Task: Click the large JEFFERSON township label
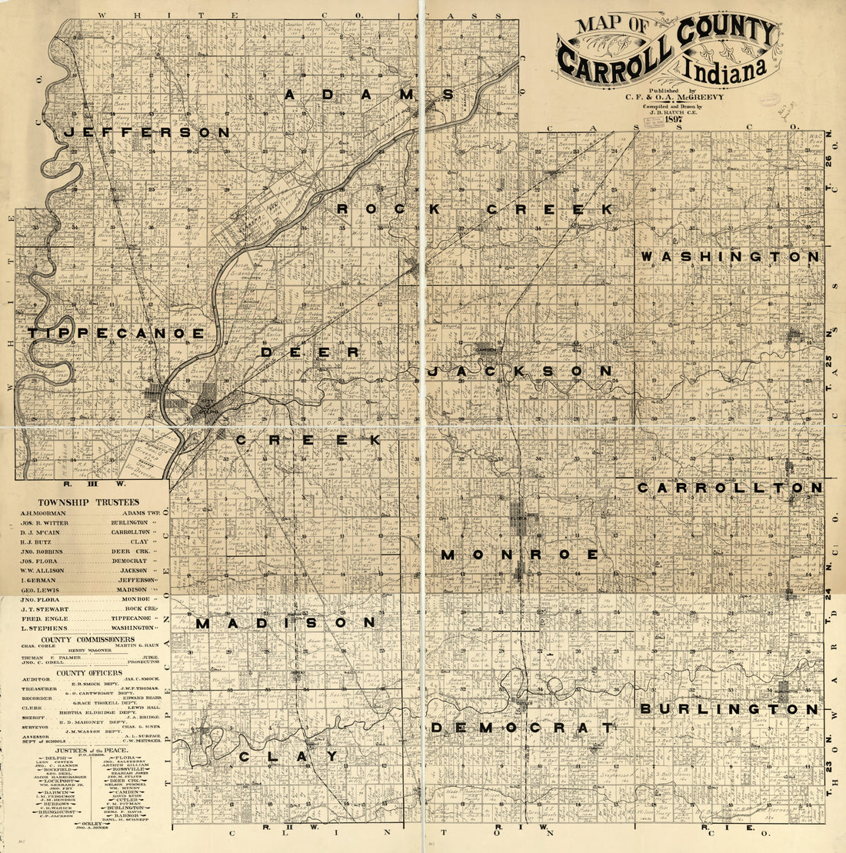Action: [x=146, y=132]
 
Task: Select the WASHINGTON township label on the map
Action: [x=731, y=256]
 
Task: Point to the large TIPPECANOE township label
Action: [x=116, y=333]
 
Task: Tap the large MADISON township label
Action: [x=285, y=623]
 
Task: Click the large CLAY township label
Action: [x=288, y=757]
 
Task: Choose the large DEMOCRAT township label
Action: [x=522, y=728]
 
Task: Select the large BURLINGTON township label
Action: [x=730, y=709]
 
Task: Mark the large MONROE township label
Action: [x=520, y=555]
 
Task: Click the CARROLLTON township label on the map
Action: [x=730, y=488]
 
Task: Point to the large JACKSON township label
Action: [x=520, y=371]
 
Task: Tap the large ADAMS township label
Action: [x=369, y=95]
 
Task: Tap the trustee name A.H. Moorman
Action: [x=44, y=512]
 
